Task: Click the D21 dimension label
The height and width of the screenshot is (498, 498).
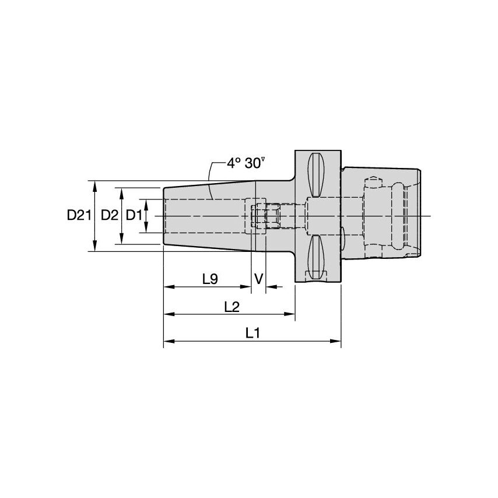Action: coord(79,215)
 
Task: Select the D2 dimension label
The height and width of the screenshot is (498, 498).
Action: coord(110,215)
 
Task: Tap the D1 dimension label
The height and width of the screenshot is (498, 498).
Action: coord(134,215)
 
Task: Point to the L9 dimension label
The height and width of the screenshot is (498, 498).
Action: coord(211,279)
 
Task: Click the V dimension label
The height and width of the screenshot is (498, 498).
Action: coord(259,279)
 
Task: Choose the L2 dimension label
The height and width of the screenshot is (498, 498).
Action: coord(232,307)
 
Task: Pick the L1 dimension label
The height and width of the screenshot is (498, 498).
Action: coord(253,333)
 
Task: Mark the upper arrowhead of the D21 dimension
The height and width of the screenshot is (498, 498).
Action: coord(94,186)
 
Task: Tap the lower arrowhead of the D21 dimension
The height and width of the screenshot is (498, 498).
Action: coord(94,246)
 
